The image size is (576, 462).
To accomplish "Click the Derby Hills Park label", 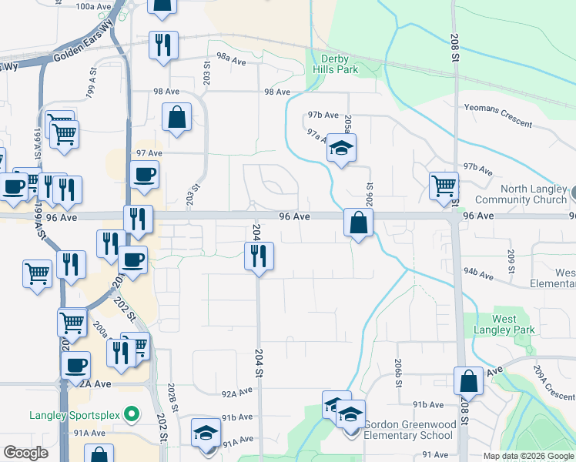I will [336, 63].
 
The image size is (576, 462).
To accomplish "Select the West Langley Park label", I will [514, 324].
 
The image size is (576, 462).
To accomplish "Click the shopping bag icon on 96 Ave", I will [359, 223].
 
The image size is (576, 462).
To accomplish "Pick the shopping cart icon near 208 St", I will [444, 186].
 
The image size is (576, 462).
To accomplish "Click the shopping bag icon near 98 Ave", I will [176, 118].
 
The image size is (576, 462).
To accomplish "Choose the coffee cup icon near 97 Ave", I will [144, 174].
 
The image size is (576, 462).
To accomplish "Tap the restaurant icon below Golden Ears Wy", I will [163, 45].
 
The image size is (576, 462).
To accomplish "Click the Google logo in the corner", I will [25, 453].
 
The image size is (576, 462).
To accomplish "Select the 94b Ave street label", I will [477, 271].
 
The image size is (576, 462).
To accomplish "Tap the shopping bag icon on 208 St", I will [468, 381].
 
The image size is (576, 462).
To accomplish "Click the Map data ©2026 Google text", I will [528, 456].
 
